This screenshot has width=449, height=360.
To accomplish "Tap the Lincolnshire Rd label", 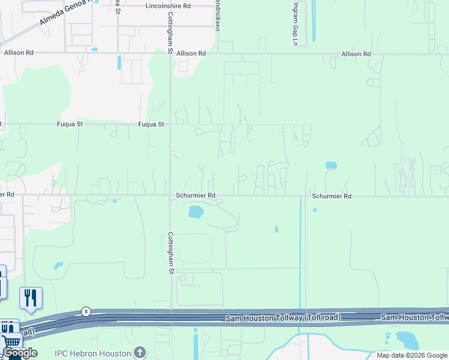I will click(x=168, y=6).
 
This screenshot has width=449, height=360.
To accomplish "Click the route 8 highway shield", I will click(x=86, y=311).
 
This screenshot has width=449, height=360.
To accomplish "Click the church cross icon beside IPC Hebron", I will click(x=140, y=352).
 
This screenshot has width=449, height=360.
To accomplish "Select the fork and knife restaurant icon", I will click(x=31, y=298).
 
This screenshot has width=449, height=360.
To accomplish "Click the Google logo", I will click(x=20, y=353).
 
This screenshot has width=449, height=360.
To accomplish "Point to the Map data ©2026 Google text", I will click(x=412, y=355).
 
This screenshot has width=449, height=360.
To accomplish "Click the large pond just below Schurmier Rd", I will click(x=196, y=211).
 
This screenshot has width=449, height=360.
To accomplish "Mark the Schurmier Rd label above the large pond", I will click(x=196, y=196).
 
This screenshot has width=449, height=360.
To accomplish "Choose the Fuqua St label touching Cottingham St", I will click(x=151, y=124).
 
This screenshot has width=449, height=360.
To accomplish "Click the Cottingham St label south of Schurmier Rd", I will click(x=170, y=253).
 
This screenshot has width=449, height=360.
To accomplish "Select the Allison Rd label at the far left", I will click(x=19, y=53).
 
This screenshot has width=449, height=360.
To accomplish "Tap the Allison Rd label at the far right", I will click(x=356, y=54).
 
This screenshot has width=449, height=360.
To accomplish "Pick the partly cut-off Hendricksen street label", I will click(x=217, y=16).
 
